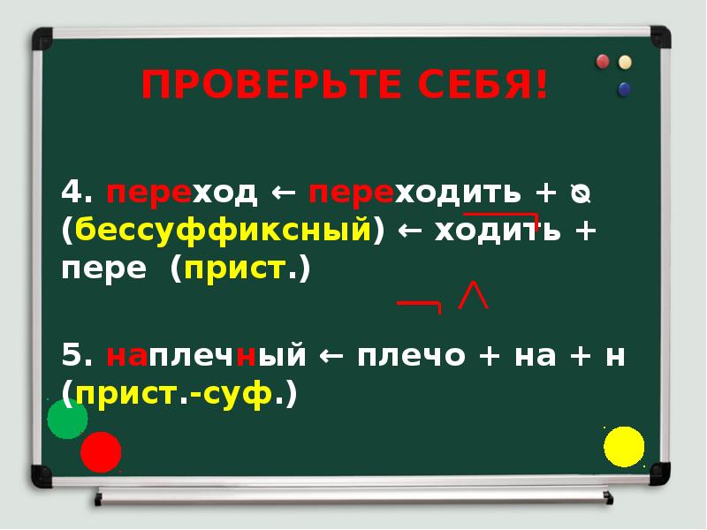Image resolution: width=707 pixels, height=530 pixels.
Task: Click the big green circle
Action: [67, 419]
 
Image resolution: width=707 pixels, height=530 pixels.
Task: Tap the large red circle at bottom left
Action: [101, 452]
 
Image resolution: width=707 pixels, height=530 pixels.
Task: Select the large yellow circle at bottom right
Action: [624, 446]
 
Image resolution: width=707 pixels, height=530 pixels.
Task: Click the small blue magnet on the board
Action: [626, 88]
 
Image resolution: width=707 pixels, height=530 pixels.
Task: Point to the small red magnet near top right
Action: [604, 62]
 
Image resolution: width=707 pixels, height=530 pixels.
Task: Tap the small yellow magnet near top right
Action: [626, 62]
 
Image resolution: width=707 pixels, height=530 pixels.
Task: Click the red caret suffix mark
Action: [474, 296]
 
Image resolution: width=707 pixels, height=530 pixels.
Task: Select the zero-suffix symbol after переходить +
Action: [580, 193]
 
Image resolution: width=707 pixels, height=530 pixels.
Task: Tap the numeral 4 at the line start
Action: [72, 192]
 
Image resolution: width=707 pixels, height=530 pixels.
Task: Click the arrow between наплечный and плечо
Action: [331, 357]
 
